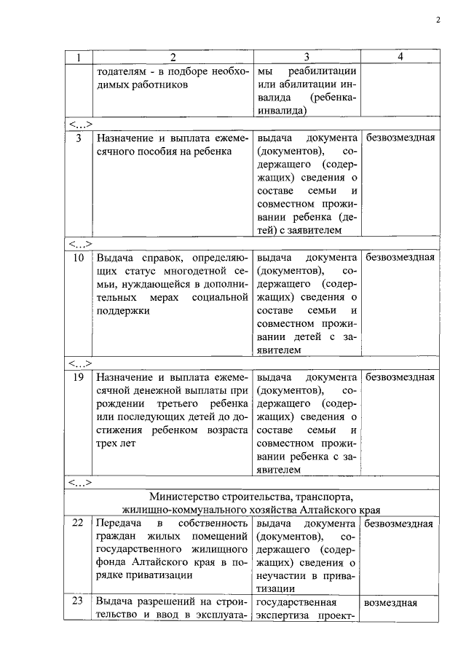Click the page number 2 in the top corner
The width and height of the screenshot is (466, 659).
[438, 20]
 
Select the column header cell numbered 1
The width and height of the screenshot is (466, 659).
[77, 57]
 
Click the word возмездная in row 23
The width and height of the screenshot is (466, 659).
[390, 603]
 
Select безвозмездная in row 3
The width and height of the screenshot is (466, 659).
[400, 137]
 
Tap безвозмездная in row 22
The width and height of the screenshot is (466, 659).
[400, 524]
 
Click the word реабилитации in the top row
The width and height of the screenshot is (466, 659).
[323, 71]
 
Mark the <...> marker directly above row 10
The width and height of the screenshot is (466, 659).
[79, 243]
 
